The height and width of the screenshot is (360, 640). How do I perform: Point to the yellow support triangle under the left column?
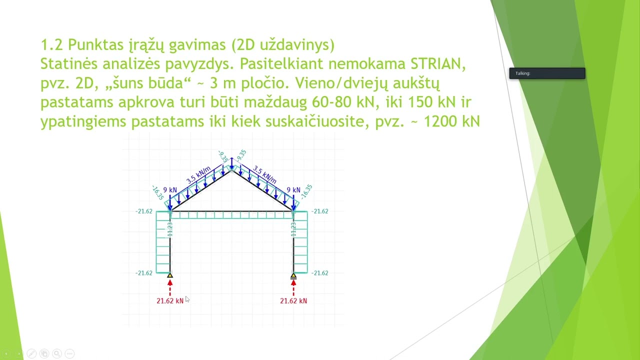tap(170, 275)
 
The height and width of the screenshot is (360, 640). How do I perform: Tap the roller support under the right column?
tap(293, 275)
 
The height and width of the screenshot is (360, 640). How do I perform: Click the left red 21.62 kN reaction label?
tap(170, 300)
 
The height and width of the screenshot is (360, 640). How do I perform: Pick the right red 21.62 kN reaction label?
tap(293, 300)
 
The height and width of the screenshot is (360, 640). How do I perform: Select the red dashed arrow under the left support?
tap(170, 287)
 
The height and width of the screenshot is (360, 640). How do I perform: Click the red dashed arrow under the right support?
tap(293, 287)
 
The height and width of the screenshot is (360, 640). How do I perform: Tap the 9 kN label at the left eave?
tap(170, 190)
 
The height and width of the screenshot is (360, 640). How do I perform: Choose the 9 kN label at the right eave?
tap(293, 190)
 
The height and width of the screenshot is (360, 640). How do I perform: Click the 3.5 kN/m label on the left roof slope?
tap(198, 175)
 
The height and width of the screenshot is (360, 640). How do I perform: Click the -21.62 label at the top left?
tap(143, 211)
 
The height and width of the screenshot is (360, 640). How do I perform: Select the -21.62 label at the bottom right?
tap(319, 273)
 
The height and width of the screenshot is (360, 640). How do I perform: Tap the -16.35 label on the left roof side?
tap(157, 192)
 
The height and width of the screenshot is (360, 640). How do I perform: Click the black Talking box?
tap(547, 73)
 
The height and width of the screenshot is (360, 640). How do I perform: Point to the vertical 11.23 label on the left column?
tap(170, 229)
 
